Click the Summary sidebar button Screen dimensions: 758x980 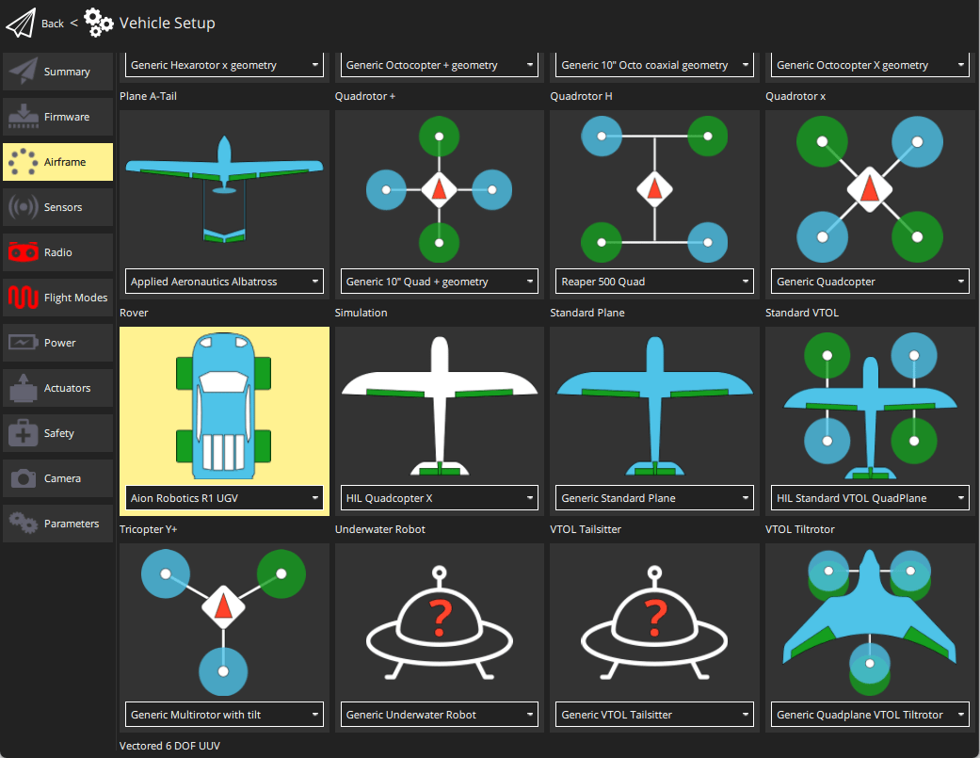point(57,72)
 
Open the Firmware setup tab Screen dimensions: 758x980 point(57,117)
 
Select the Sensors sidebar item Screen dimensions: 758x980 point(57,207)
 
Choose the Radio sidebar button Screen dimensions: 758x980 point(57,252)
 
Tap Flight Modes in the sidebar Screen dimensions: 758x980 point(57,298)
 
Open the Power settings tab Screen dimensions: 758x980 point(57,343)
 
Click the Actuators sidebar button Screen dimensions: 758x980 point(57,388)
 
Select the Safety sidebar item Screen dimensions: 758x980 point(57,433)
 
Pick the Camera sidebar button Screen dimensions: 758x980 point(57,478)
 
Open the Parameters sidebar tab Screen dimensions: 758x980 point(57,524)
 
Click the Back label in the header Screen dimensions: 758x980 point(53,24)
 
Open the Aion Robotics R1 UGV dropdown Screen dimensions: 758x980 point(224,498)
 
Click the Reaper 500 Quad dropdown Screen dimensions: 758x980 point(654,282)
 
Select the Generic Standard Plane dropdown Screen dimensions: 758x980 point(654,498)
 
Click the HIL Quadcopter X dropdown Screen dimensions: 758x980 point(439,498)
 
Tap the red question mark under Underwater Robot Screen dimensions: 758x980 point(439,619)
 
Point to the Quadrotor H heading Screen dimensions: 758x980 point(581,96)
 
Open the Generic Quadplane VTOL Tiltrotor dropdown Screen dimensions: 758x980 point(870,715)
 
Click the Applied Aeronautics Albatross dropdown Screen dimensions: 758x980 point(224,282)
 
